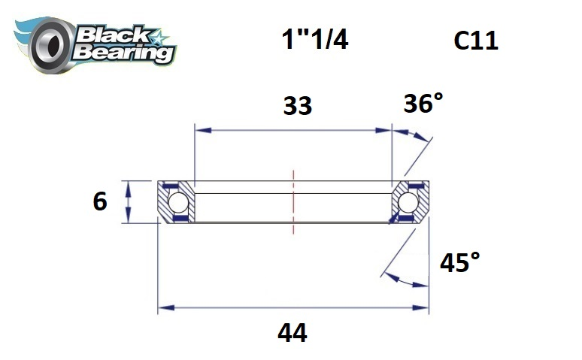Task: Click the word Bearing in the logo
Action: point(123,53)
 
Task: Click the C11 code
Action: point(476,41)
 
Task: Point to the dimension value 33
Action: point(298,107)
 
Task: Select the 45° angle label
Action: point(460,262)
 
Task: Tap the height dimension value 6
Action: point(99,201)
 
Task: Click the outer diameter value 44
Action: point(292,332)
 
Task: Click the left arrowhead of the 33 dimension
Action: point(200,131)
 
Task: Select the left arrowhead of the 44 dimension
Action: point(163,308)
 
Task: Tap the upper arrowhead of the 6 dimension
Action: point(129,186)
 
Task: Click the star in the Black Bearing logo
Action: point(159,38)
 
